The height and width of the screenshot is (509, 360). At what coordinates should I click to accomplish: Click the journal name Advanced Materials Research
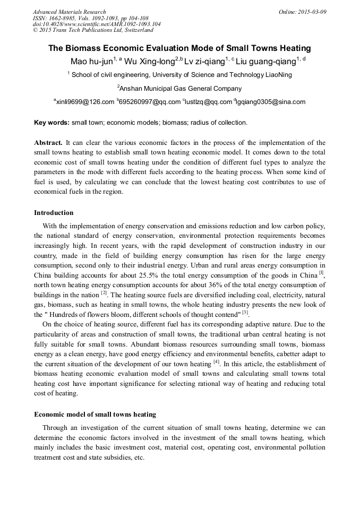pos(69,12)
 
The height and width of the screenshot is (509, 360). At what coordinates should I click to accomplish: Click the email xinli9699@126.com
pos(85,102)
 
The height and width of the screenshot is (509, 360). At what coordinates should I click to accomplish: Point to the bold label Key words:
pos(52,123)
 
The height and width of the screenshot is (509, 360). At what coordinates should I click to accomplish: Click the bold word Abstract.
pos(48,143)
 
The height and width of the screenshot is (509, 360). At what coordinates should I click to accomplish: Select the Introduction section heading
pos(54,212)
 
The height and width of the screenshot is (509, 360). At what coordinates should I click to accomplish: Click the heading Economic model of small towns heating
pos(95,413)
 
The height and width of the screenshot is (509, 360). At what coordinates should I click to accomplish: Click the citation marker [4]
pos(216,363)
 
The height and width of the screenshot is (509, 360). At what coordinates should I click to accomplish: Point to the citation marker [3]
pos(245,313)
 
